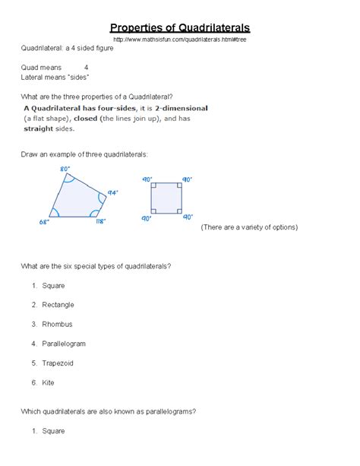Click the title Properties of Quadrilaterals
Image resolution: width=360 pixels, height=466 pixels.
(x=180, y=27)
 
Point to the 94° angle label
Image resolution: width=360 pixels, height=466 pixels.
(x=112, y=193)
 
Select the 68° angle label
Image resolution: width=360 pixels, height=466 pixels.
(x=45, y=222)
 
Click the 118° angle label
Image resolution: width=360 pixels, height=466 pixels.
(x=100, y=222)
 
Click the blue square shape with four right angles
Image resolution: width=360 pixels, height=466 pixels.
(x=166, y=199)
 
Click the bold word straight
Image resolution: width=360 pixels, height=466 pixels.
(x=38, y=129)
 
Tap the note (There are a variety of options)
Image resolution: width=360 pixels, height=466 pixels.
(x=249, y=227)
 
